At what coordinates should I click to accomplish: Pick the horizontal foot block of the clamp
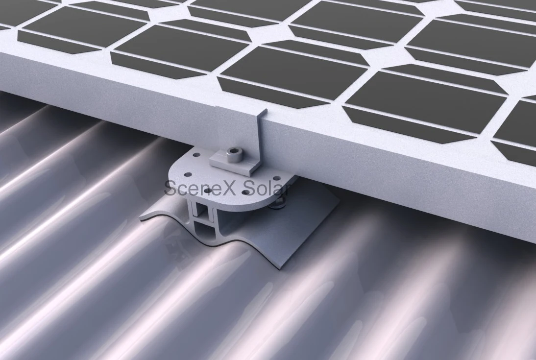230,157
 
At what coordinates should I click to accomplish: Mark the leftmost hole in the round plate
188,174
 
